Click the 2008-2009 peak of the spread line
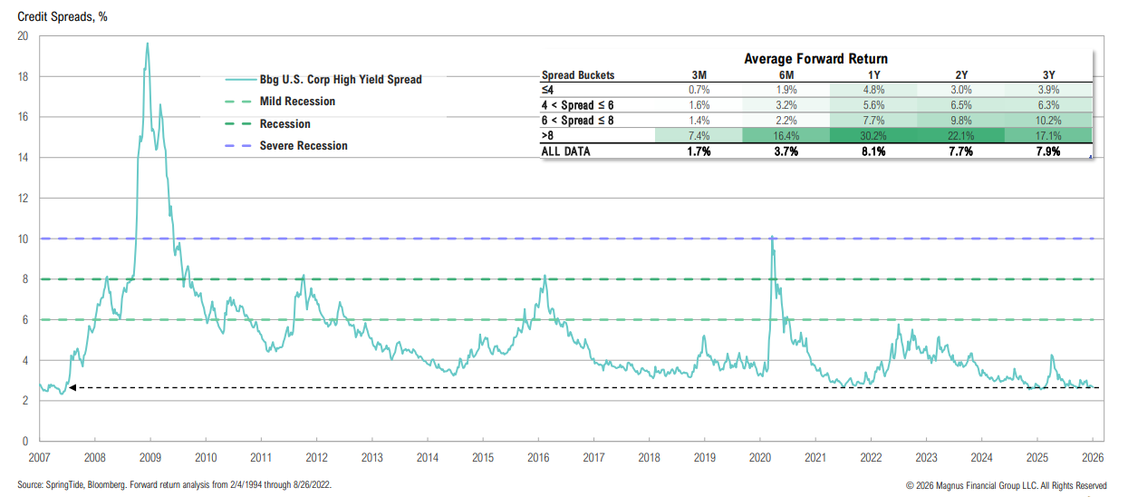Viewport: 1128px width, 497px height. pyautogui.click(x=148, y=44)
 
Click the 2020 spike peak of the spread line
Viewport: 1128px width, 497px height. pyautogui.click(x=771, y=238)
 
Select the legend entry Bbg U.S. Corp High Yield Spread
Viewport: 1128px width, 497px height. pyautogui.click(x=341, y=79)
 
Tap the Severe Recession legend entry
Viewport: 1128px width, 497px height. pyautogui.click(x=304, y=145)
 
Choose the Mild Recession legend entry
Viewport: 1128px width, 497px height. pyautogui.click(x=297, y=102)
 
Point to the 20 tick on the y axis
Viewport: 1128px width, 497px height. pyautogui.click(x=23, y=36)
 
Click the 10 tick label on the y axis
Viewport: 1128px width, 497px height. pyautogui.click(x=23, y=239)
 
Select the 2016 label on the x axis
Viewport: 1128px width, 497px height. pyautogui.click(x=538, y=457)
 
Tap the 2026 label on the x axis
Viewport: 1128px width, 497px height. pyautogui.click(x=1091, y=457)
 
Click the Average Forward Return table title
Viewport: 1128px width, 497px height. pyautogui.click(x=815, y=59)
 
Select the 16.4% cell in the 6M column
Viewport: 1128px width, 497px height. pyautogui.click(x=786, y=135)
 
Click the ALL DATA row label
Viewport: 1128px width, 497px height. pyautogui.click(x=565, y=151)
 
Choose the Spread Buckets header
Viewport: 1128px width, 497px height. pyautogui.click(x=577, y=75)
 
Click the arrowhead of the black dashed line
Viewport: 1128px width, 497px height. pyautogui.click(x=72, y=387)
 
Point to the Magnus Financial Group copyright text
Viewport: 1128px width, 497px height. pyautogui.click(x=1006, y=485)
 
